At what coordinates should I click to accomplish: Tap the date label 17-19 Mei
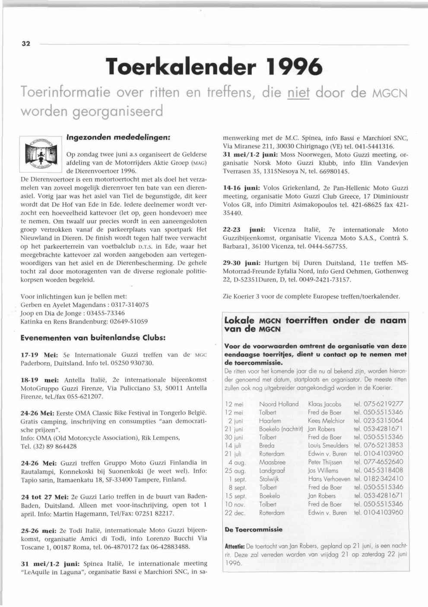click(39, 355)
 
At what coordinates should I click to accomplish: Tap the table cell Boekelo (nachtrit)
click(281, 429)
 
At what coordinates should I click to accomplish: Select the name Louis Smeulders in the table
click(328, 446)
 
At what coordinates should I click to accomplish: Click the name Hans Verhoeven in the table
click(329, 479)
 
